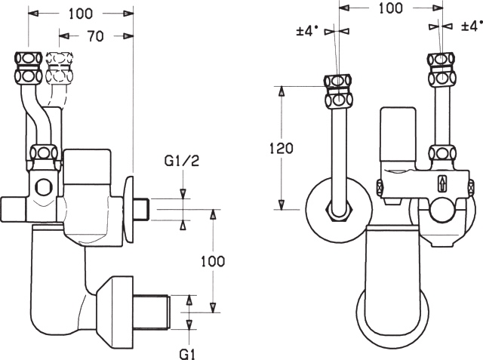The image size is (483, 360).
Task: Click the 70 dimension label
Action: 95,36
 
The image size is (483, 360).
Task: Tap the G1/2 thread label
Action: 182,161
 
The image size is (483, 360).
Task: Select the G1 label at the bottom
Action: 187,354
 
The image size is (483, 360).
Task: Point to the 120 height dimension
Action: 281,149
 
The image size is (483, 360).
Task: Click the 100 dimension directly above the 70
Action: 81,14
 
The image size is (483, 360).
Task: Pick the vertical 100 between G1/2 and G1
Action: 213,261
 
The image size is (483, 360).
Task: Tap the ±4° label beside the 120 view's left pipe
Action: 307,32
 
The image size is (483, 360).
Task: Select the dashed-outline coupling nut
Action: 60,68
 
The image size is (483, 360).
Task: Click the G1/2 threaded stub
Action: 142,209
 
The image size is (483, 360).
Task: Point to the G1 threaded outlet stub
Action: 152,312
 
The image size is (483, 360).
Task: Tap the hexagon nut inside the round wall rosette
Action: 339,211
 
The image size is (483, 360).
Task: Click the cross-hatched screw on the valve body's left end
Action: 379,187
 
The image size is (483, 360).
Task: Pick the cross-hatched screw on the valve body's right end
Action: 471,187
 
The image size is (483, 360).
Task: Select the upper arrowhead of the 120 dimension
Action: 281,92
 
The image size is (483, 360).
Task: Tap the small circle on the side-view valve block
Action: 43,187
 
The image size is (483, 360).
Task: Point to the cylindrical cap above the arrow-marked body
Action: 398,134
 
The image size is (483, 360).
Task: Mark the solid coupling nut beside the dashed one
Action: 29,68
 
